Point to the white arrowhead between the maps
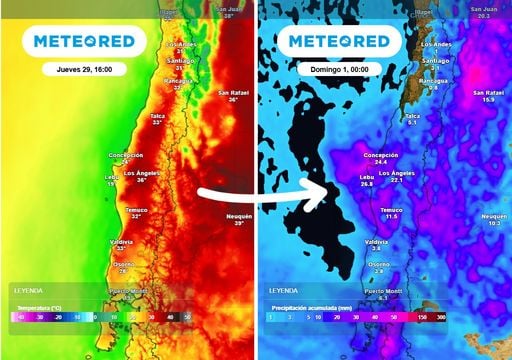tap(320, 192)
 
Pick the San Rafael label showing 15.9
tap(488, 96)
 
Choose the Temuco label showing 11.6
tap(391, 212)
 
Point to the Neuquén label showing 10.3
tap(494, 220)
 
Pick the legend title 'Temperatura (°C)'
tap(38, 301)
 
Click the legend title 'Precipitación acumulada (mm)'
tap(308, 301)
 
